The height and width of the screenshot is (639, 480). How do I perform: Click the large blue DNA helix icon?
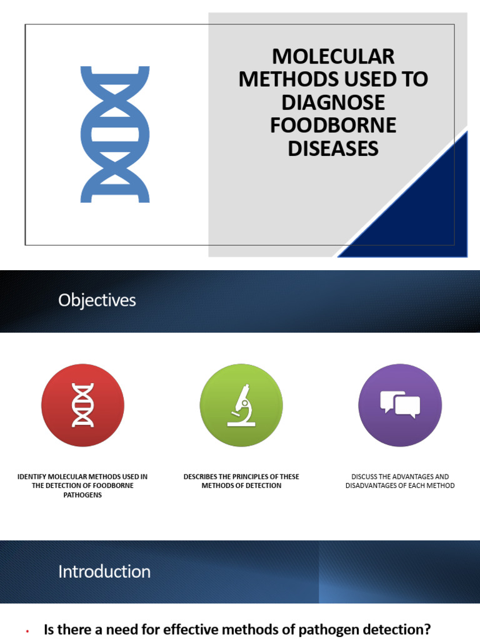click(115, 134)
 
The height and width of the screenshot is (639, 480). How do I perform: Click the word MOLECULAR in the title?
click(333, 57)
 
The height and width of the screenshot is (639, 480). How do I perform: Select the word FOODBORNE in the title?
click(333, 125)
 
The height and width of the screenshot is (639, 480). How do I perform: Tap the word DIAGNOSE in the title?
click(333, 102)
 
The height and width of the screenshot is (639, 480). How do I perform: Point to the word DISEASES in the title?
click(333, 149)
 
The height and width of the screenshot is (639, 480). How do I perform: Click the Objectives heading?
click(97, 301)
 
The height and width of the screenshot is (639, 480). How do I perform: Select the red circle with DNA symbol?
click(82, 405)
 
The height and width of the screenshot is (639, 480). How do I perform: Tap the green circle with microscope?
click(241, 405)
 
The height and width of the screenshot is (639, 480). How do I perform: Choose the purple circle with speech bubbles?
click(400, 405)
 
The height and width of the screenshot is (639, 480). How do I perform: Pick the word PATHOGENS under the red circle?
click(82, 495)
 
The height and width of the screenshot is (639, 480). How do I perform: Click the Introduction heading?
click(104, 572)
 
